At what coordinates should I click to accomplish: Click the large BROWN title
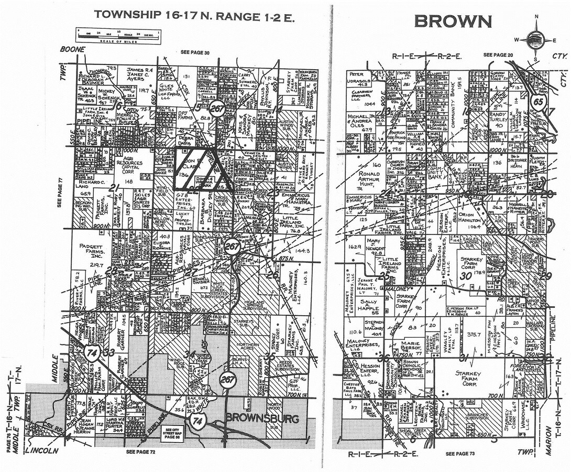pos(453,22)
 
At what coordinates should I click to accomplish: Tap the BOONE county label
pos(72,49)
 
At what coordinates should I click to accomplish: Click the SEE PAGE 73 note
pos(462,453)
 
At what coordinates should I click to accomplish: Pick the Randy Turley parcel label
pos(502,119)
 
